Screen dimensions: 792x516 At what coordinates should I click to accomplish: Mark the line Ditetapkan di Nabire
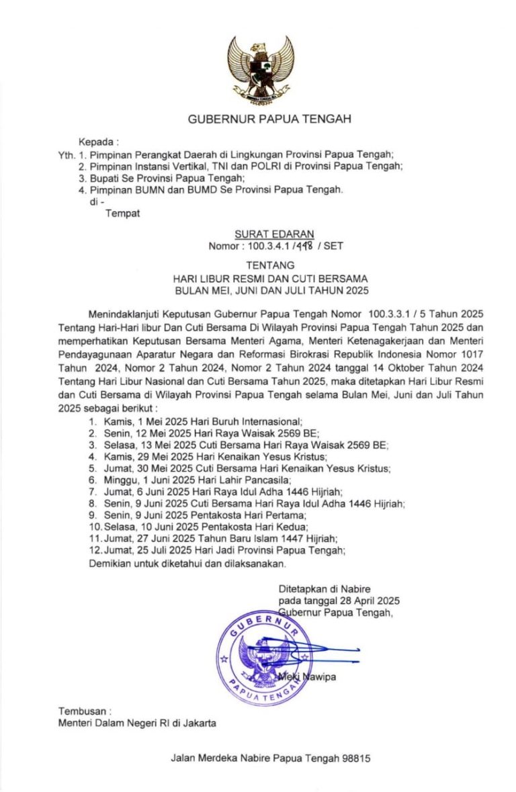[x=325, y=588]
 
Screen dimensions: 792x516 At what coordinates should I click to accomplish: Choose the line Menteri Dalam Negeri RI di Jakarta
[x=137, y=723]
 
